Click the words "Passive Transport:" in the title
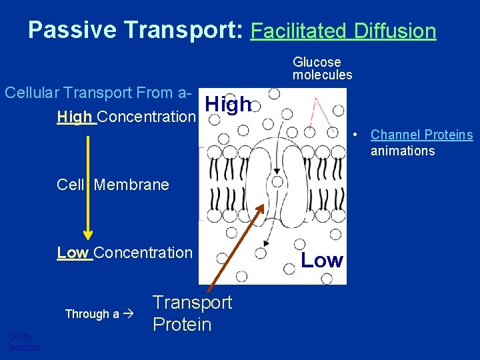point(136,30)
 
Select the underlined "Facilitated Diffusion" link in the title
point(343,31)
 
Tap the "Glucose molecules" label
point(322,69)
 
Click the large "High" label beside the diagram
point(228,105)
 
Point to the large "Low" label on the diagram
point(322,261)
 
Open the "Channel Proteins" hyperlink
point(421,135)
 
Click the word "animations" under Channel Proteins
point(403,151)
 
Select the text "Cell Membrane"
point(113,185)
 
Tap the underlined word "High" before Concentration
point(75,117)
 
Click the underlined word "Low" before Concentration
point(73,253)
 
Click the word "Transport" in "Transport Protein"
point(192,303)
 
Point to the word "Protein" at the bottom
point(182,325)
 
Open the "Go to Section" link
point(24,342)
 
